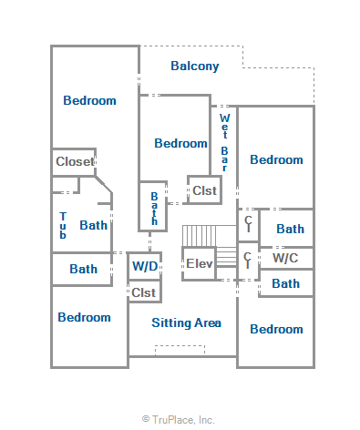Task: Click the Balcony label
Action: (x=195, y=67)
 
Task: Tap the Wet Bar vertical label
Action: (x=224, y=142)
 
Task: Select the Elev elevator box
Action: (x=199, y=263)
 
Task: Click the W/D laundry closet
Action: (x=145, y=266)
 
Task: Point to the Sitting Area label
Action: (x=186, y=322)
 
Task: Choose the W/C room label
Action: (x=285, y=258)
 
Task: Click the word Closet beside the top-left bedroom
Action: (x=75, y=161)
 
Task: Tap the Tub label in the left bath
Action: (x=63, y=225)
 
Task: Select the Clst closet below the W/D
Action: (x=144, y=292)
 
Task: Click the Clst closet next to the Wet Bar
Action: (x=204, y=190)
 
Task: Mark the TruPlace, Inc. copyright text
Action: (x=179, y=420)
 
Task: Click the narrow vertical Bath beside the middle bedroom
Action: (x=154, y=209)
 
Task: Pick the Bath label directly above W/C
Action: (x=290, y=229)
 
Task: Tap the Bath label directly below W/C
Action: (x=285, y=283)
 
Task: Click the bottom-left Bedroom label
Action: (x=84, y=317)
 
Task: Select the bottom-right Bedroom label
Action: (x=276, y=329)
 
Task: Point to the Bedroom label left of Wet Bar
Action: (x=180, y=143)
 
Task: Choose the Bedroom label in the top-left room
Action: (x=89, y=100)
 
